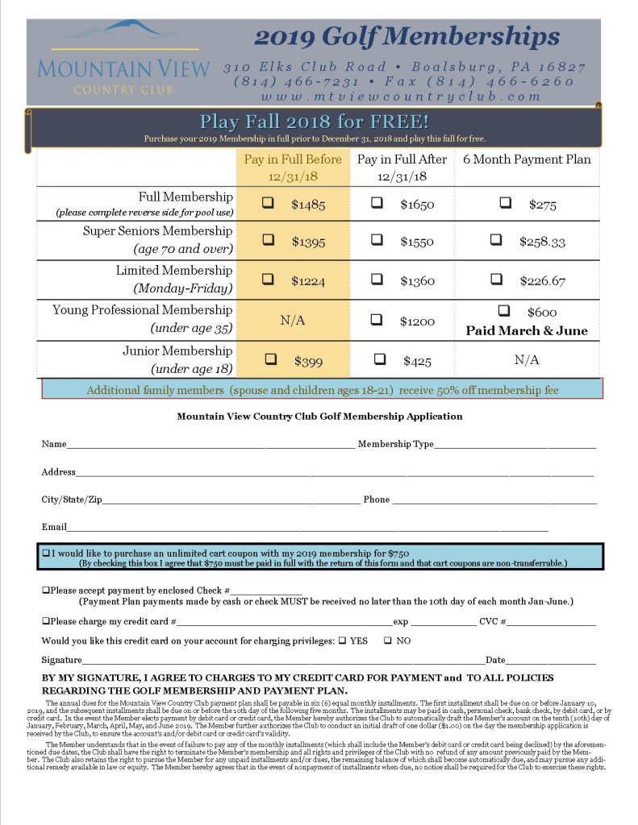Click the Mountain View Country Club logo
point(123,61)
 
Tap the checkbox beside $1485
point(268,204)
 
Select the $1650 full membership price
point(417,205)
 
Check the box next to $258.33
point(497,240)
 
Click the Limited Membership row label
point(173,271)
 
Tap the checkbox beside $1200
point(377,320)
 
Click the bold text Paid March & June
point(527,330)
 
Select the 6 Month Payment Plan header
point(527,160)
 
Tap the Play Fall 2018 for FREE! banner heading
point(314,122)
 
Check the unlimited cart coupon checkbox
point(46,553)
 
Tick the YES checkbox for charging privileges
point(342,641)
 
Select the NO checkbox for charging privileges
point(388,641)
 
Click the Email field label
point(53,527)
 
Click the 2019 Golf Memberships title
point(407,36)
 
